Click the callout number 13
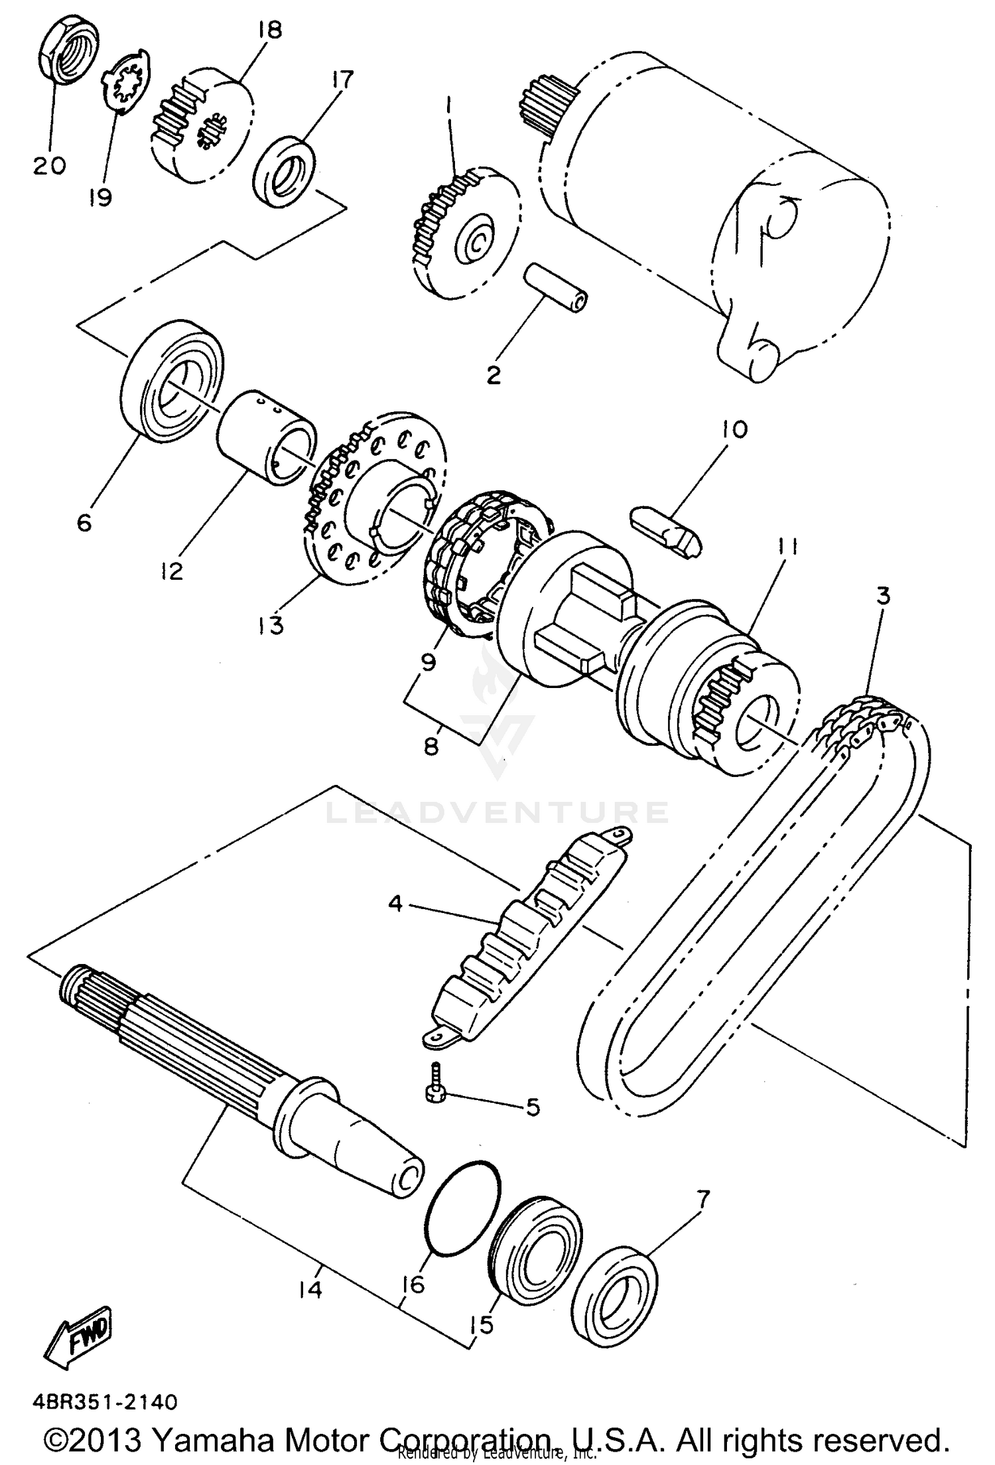click(x=271, y=624)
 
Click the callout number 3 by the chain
click(x=882, y=595)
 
